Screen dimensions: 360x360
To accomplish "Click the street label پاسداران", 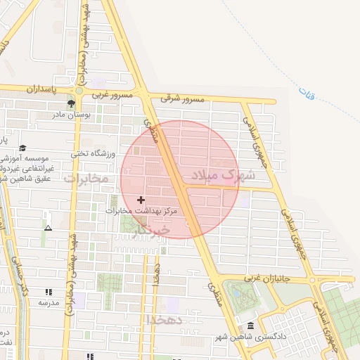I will pos(41,90).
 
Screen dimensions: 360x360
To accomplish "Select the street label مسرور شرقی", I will pos(182,99).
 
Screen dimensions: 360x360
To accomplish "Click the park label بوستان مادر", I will pos(68,115).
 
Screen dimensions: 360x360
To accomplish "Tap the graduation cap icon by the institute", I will pos(22,148).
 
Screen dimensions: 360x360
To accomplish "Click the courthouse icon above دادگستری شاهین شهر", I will pos(251,326).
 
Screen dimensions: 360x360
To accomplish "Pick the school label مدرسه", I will pos(48,302).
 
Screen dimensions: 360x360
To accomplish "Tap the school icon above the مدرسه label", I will pos(48,292).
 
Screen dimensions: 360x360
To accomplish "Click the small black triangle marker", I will pos(48,228).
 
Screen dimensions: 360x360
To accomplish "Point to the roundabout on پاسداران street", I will pos(79,90).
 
